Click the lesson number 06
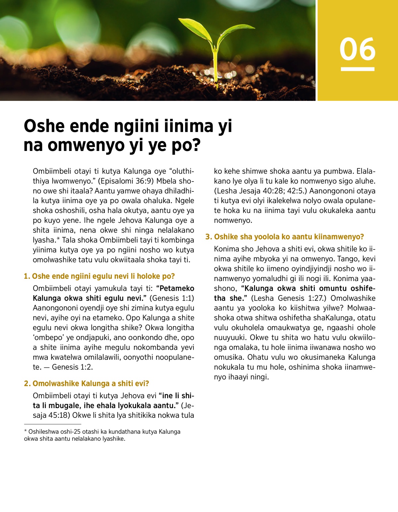point(358,49)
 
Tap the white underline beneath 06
point(358,69)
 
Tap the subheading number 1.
point(26,276)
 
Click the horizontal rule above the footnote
point(52,424)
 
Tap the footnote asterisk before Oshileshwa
point(26,431)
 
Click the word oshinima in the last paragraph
point(303,367)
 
